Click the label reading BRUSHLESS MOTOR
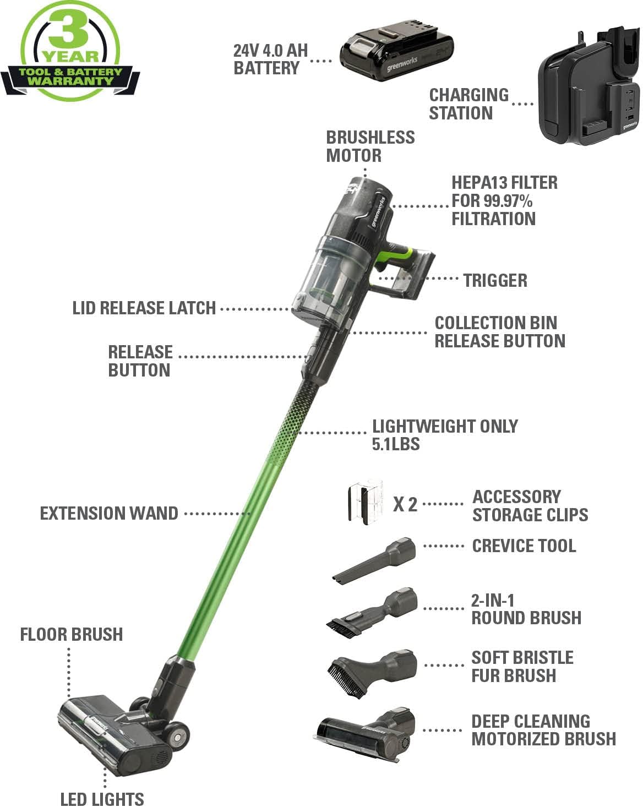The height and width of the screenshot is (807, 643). (x=370, y=146)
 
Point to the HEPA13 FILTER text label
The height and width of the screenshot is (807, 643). (x=504, y=200)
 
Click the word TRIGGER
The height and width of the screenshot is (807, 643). (x=495, y=280)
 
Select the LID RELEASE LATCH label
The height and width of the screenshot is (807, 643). (x=144, y=308)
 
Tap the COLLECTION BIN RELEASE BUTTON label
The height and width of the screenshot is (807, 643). (x=499, y=332)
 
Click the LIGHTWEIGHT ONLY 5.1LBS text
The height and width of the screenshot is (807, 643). (x=444, y=435)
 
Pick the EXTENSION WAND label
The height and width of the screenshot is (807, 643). (x=109, y=514)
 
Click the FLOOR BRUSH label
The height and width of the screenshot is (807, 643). (x=72, y=634)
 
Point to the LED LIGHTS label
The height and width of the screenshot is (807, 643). (x=102, y=798)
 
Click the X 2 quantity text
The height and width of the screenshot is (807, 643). (x=405, y=504)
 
